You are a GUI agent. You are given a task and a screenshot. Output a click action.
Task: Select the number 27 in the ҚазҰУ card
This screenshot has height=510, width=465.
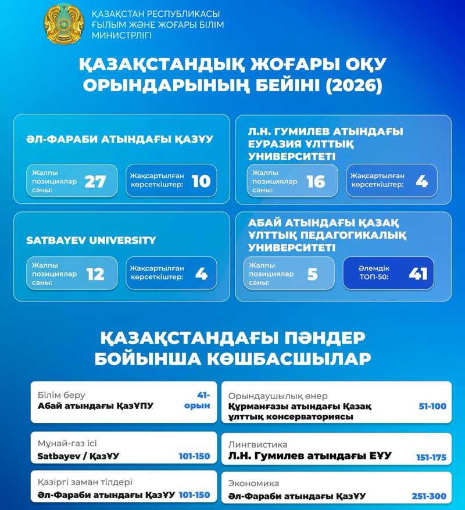pyautogui.click(x=95, y=181)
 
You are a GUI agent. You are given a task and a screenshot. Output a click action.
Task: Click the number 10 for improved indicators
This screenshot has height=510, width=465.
pyautogui.click(x=201, y=181)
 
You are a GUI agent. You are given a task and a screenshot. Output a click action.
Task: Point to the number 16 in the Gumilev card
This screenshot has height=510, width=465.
pyautogui.click(x=316, y=181)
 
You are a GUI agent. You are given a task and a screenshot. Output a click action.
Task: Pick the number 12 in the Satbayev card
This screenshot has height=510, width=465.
pyautogui.click(x=95, y=274)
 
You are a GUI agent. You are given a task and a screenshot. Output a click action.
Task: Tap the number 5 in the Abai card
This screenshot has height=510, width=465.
pyautogui.click(x=313, y=274)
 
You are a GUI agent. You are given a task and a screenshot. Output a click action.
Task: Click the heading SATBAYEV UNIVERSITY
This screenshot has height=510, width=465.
pyautogui.click(x=91, y=240)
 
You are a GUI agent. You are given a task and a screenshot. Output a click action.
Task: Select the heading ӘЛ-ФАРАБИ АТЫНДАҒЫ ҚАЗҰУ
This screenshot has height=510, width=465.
pyautogui.click(x=119, y=139)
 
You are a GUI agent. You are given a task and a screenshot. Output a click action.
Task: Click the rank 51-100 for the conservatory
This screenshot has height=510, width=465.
pyautogui.click(x=432, y=406)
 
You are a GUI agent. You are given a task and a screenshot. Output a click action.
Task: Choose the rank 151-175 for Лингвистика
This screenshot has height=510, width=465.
pyautogui.click(x=431, y=457)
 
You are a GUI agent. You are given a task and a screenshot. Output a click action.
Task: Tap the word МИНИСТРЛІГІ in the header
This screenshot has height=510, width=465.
pyautogui.click(x=121, y=36)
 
